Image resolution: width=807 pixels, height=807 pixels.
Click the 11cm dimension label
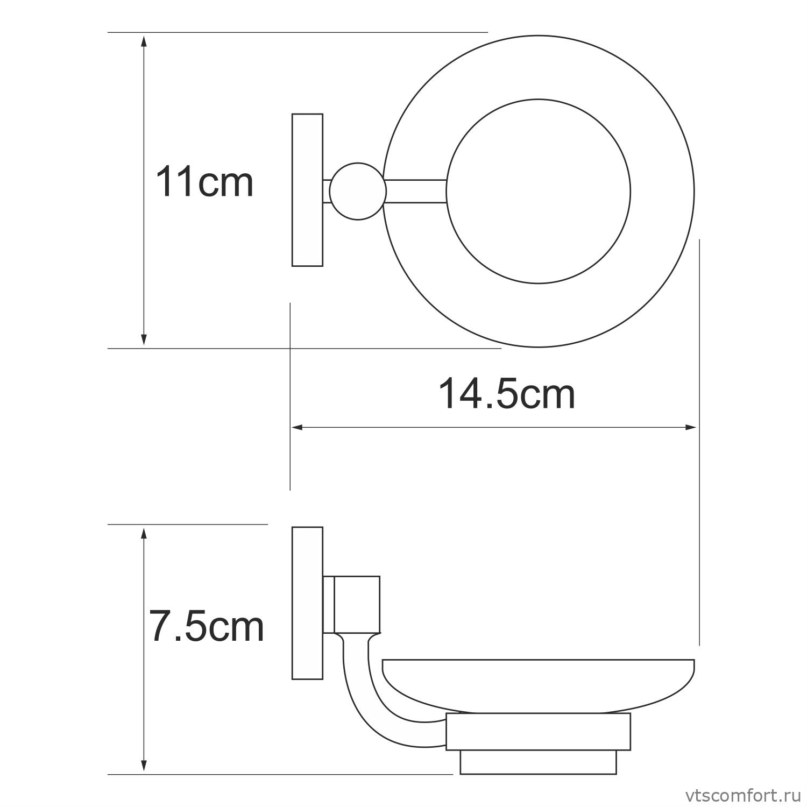click(x=204, y=183)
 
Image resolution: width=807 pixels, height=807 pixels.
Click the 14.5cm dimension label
click(x=507, y=394)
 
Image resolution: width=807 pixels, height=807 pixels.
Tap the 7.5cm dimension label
click(x=207, y=627)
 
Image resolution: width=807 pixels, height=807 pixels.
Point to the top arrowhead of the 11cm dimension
click(x=144, y=41)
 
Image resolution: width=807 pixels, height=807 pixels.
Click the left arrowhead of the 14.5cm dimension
click(x=298, y=428)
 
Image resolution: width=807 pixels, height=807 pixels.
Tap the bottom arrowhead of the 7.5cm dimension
click(x=144, y=766)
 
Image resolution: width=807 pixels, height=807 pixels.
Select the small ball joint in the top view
click(x=358, y=191)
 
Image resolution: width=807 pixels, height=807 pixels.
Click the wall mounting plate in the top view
click(x=307, y=190)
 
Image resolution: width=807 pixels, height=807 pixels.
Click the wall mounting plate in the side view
click(x=307, y=603)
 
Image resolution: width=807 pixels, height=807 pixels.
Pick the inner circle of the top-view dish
click(x=538, y=191)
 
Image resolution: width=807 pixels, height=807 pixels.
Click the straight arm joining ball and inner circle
click(x=416, y=191)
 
